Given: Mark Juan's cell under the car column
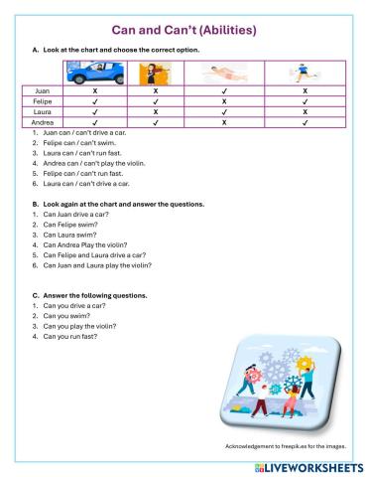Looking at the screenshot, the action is click(x=94, y=90).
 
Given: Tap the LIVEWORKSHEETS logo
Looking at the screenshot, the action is click(x=309, y=465).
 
